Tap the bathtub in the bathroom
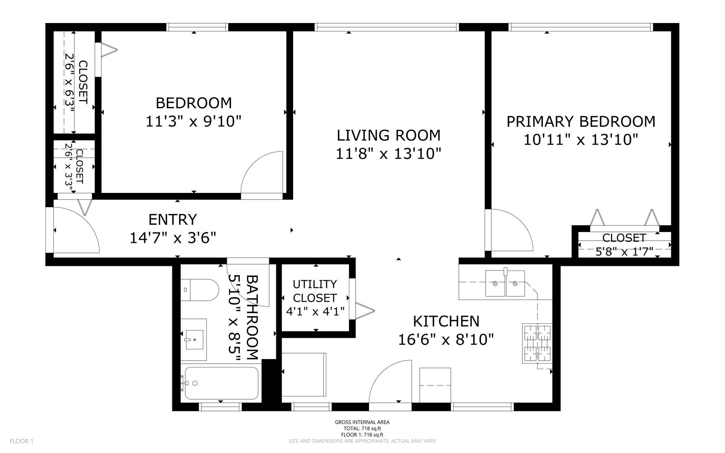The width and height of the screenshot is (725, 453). [221, 383]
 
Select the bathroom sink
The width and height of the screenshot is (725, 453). [195, 339]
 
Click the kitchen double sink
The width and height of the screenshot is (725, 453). [505, 283]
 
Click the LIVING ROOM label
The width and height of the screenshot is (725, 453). [389, 135]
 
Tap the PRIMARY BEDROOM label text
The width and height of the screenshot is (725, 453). [581, 122]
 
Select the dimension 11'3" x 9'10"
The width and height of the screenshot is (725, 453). [194, 122]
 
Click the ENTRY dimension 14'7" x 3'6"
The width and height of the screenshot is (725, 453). [173, 238]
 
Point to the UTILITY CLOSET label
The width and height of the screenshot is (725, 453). [314, 291]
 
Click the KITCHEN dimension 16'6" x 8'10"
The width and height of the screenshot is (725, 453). [445, 339]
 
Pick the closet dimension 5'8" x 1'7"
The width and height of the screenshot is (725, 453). [624, 252]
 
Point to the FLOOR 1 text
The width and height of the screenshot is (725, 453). [21, 441]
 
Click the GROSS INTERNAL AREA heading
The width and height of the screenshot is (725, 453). [362, 422]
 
